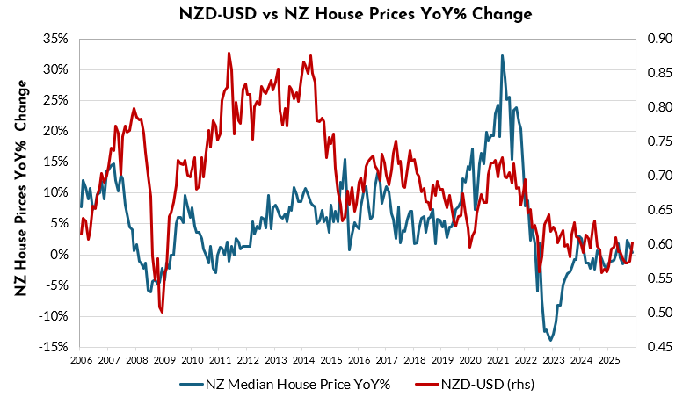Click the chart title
pos(344,15)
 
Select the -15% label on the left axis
pos(56,347)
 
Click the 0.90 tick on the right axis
pos(659,39)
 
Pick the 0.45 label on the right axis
pos(659,347)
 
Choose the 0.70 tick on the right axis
pos(659,176)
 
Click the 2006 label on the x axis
pos(80,360)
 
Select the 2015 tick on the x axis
pos(330,360)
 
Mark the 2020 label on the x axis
pos(469,360)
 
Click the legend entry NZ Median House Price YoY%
pos(289,383)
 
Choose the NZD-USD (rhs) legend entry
pos(485,383)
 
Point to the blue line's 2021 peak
pos(502,55)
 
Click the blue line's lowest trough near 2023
pos(551,340)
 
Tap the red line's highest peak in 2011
pos(229,53)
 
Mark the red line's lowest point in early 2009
pos(162,312)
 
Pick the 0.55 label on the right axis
pos(659,278)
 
